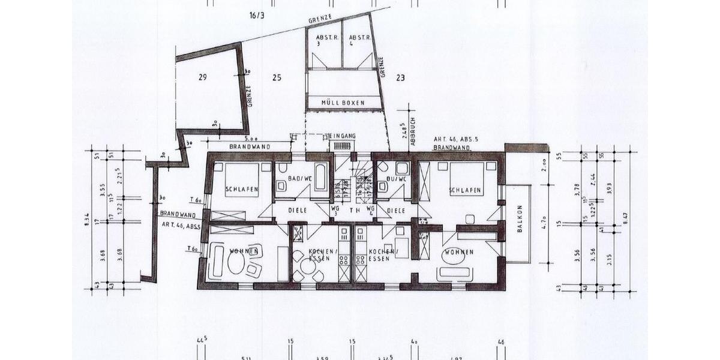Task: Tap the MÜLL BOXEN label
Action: click(x=343, y=103)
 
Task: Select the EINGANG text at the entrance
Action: click(x=342, y=136)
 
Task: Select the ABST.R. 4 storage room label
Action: click(x=359, y=40)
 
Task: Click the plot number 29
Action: click(x=202, y=77)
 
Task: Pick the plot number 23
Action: click(x=400, y=77)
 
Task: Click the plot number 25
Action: click(x=276, y=77)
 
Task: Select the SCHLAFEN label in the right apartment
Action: click(x=466, y=190)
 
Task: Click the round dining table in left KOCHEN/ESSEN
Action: click(x=308, y=265)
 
